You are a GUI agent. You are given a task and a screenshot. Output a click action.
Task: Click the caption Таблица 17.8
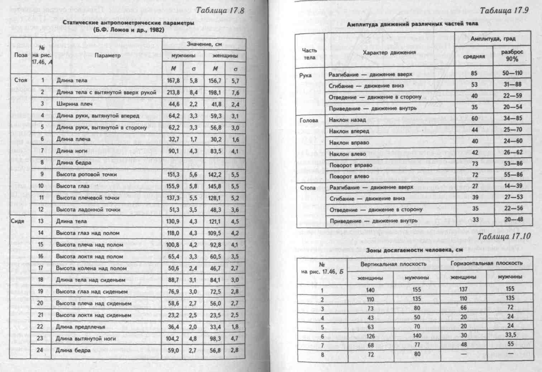220,10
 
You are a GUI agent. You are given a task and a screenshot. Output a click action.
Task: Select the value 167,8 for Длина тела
173,81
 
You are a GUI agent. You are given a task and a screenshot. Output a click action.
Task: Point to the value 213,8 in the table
173,92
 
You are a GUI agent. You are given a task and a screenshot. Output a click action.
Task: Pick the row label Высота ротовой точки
86,175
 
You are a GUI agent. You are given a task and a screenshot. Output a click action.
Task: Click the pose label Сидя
18,221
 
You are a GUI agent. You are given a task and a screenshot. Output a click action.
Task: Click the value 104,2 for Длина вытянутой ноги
173,339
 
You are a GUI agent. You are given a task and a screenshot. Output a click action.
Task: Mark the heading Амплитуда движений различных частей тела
412,24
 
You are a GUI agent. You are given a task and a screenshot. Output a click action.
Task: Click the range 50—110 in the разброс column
512,73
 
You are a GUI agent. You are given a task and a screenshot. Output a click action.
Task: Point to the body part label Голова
309,120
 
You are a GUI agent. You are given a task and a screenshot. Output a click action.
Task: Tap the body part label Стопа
308,188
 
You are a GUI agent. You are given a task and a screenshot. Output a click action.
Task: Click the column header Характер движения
389,52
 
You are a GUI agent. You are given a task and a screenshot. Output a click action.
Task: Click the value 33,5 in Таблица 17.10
510,335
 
